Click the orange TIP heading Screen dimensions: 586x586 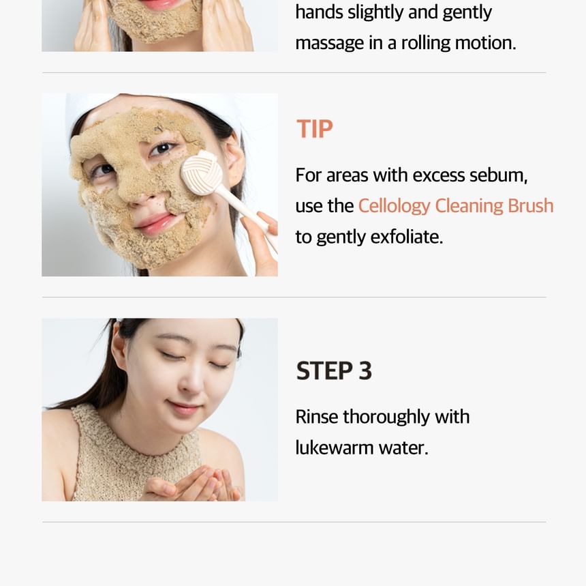(315, 129)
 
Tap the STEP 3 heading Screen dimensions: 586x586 (334, 371)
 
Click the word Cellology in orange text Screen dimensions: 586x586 (395, 207)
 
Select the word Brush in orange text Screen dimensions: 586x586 (531, 205)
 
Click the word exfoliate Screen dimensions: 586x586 (407, 237)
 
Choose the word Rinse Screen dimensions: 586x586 (317, 417)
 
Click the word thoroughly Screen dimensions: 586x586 (386, 417)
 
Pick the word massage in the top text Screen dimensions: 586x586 (330, 44)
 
